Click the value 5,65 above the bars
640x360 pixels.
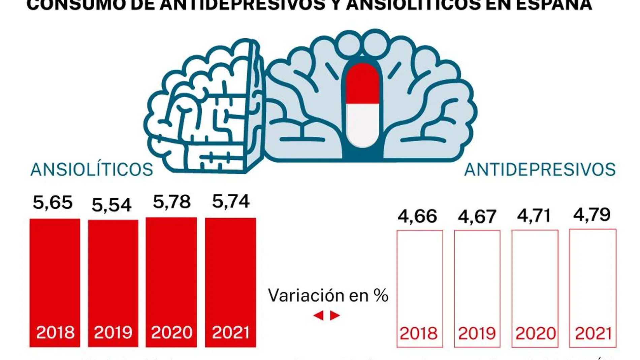click(53, 202)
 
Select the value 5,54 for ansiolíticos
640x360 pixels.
click(111, 205)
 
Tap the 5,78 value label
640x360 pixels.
click(171, 202)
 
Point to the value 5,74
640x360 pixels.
click(231, 201)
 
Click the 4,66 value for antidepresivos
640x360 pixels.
click(417, 216)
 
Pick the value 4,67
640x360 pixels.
click(477, 216)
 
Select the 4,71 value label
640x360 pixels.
click(534, 216)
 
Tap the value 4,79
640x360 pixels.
click(592, 215)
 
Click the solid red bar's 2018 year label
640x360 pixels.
click(55, 332)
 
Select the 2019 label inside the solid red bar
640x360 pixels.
click(113, 332)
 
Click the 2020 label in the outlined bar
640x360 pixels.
click(536, 333)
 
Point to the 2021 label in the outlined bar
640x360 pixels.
click(593, 333)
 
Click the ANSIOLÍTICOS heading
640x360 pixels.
click(92, 169)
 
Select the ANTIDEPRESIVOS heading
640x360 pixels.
click(540, 169)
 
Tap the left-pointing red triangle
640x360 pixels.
click(318, 316)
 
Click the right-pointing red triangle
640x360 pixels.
click(334, 316)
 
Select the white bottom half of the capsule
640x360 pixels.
click(362, 125)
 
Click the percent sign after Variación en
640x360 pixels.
click(381, 295)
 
